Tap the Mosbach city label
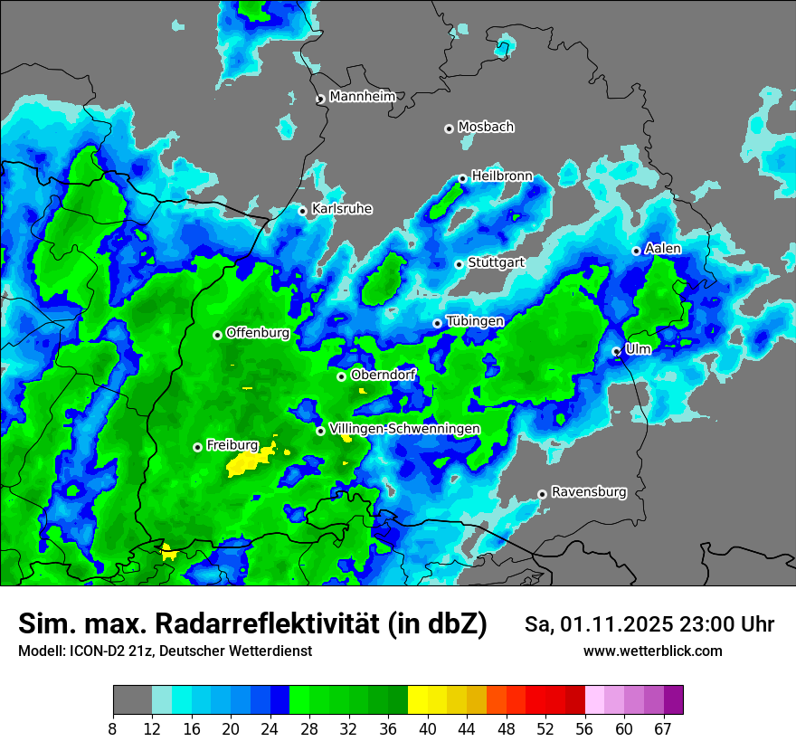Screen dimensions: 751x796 click(486, 127)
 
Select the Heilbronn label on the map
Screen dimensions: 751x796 click(502, 176)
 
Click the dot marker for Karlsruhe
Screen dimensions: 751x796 click(303, 211)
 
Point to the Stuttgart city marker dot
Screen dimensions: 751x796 click(460, 264)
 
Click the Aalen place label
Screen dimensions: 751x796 click(663, 248)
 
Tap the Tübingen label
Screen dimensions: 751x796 click(475, 321)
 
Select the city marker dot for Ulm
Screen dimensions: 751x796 click(616, 351)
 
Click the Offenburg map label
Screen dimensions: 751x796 click(258, 332)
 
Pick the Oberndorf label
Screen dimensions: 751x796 click(384, 375)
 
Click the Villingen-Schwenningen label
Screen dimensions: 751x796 click(405, 428)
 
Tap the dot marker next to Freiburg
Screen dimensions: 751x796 click(197, 447)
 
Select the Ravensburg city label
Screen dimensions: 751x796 click(589, 492)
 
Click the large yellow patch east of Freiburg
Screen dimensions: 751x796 click(248, 464)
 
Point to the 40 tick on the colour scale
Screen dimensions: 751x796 click(428, 729)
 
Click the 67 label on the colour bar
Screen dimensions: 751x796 click(663, 729)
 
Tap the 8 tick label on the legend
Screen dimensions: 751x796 click(113, 729)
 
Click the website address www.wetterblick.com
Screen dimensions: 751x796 click(652, 651)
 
